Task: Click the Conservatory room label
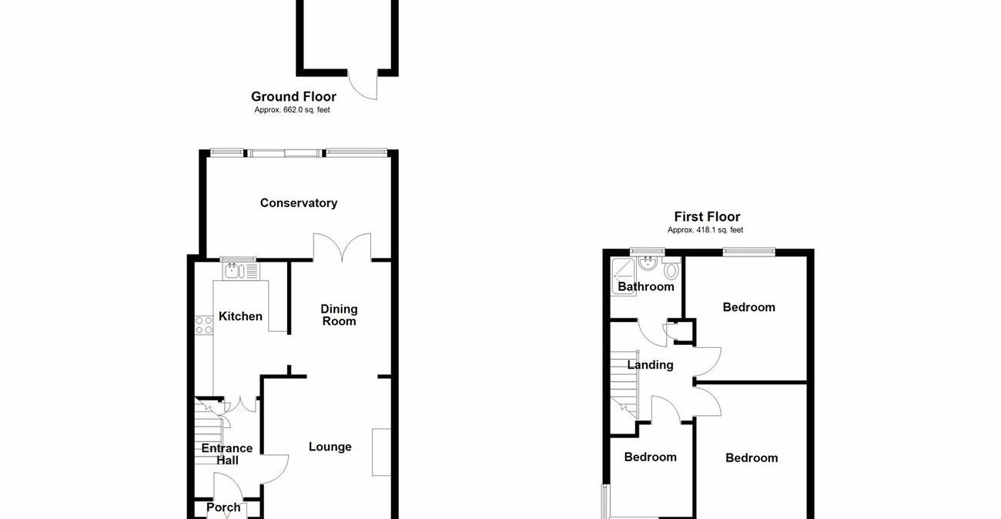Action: tap(299, 203)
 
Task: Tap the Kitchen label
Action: tap(240, 316)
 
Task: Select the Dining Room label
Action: tap(339, 315)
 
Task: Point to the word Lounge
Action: tap(330, 447)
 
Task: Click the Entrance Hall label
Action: tap(227, 454)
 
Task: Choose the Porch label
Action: tap(223, 507)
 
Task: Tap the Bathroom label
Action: tap(646, 287)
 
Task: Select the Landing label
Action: tap(650, 365)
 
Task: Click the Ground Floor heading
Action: tap(293, 97)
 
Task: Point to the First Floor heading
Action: tap(707, 217)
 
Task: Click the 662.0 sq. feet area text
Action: tap(293, 110)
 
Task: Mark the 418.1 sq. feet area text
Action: tap(705, 229)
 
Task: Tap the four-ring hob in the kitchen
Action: tap(204, 325)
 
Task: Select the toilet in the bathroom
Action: tap(671, 270)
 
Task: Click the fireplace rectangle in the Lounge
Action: tap(381, 452)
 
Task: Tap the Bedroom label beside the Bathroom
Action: tap(748, 307)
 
